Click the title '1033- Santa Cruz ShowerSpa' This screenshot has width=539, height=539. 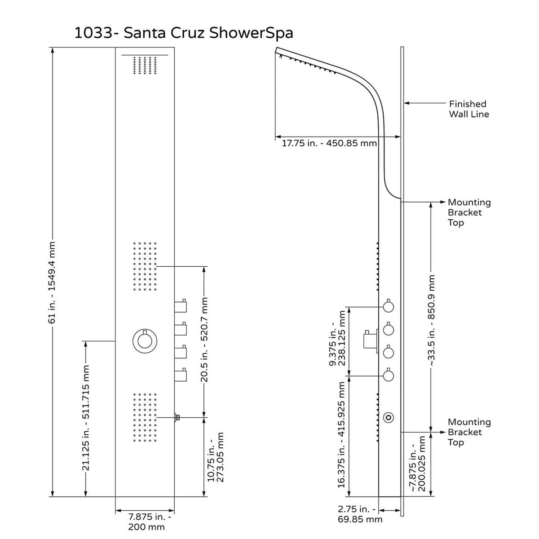184,34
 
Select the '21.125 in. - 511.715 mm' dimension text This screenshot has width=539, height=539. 86,418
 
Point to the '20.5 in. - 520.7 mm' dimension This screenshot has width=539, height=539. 205,339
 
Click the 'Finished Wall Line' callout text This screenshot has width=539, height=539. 468,109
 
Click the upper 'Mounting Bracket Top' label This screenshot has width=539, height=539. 469,212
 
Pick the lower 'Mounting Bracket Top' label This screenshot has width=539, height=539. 469,432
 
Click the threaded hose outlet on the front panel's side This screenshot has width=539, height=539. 177,417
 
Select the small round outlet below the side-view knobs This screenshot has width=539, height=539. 389,417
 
